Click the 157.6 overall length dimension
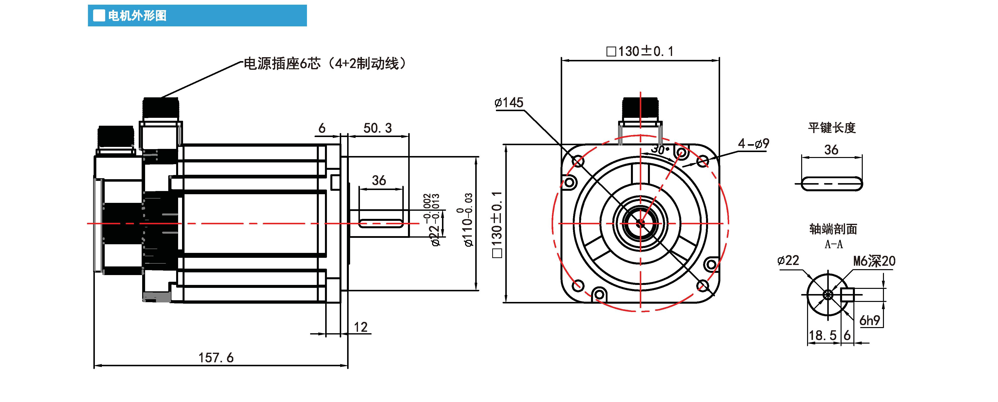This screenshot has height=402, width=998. pos(216,357)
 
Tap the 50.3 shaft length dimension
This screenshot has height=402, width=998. pos(377,128)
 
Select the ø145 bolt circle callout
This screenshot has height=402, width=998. pos(509,103)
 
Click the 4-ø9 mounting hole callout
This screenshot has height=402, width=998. pos(753,144)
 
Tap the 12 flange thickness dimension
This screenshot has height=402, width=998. pos(360,327)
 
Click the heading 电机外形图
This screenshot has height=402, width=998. pos(137,16)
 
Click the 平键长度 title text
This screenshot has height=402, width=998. pos(831,127)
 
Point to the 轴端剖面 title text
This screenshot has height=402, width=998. pos(833,229)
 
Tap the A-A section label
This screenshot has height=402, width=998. pos(833,245)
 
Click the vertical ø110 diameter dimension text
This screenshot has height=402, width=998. pos(468,220)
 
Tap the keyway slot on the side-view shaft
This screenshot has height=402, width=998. pos(381,224)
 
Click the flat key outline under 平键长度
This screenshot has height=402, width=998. pos(831,183)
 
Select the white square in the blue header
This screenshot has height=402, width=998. pos(99,16)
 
